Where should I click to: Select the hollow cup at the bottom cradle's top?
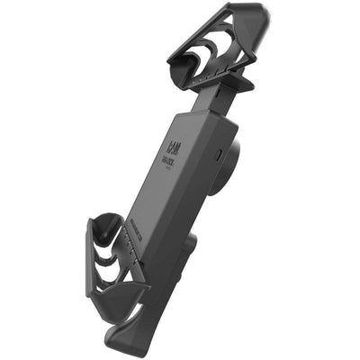[106, 230]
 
